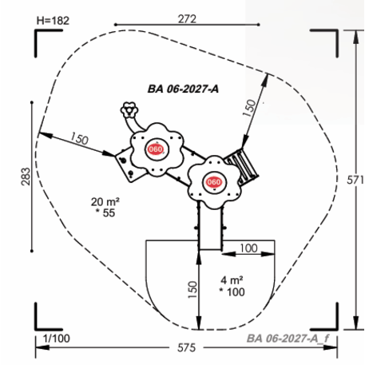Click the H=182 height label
pyautogui.click(x=53, y=21)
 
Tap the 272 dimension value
pyautogui.click(x=187, y=19)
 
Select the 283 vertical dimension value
pyautogui.click(x=26, y=177)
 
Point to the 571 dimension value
pyautogui.click(x=355, y=181)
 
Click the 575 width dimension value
pyautogui.click(x=186, y=347)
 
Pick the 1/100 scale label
pyautogui.click(x=57, y=339)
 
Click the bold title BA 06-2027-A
pyautogui.click(x=183, y=89)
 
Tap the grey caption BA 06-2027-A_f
pyautogui.click(x=288, y=339)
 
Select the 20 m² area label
pyautogui.click(x=105, y=202)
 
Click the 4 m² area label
pyautogui.click(x=232, y=280)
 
